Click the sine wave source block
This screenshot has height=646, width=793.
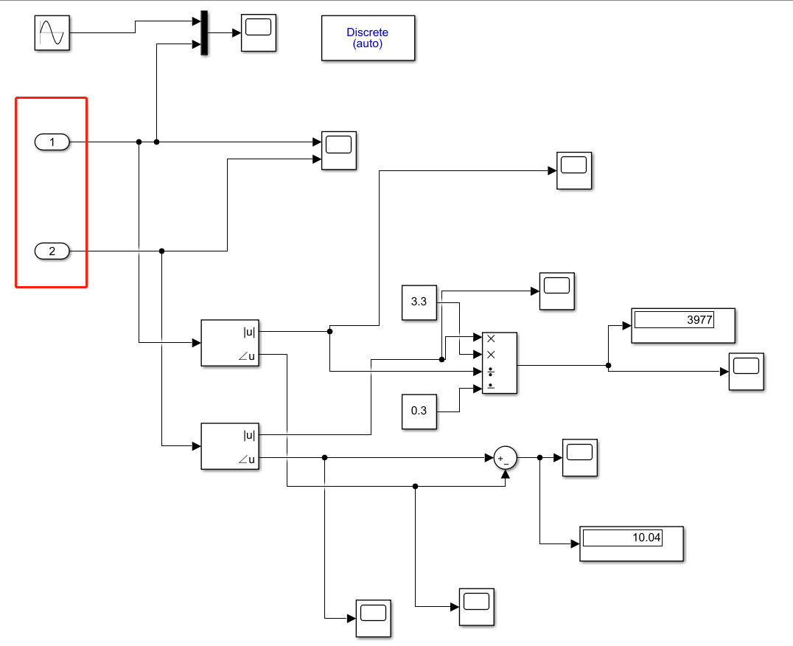[52, 33]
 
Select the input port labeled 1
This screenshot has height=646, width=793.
[52, 142]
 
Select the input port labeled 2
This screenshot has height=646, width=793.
[52, 251]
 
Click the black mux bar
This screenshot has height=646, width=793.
[204, 33]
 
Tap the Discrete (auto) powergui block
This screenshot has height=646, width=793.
[368, 38]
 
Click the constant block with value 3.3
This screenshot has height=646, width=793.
[419, 302]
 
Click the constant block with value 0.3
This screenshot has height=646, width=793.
[419, 411]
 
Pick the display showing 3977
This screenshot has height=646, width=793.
[683, 325]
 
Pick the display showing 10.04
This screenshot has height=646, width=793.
[632, 544]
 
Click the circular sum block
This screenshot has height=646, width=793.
[505, 458]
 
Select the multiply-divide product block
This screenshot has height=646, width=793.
[499, 363]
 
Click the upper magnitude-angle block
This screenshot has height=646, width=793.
[231, 343]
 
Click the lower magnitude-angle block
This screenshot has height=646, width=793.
[231, 446]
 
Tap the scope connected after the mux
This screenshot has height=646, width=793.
[259, 33]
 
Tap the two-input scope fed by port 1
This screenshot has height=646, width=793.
[339, 150]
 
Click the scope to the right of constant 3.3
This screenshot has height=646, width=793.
[557, 291]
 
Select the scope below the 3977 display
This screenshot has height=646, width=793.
[746, 372]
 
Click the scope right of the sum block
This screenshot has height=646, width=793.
[580, 457]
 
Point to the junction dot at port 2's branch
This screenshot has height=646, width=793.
[162, 251]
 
